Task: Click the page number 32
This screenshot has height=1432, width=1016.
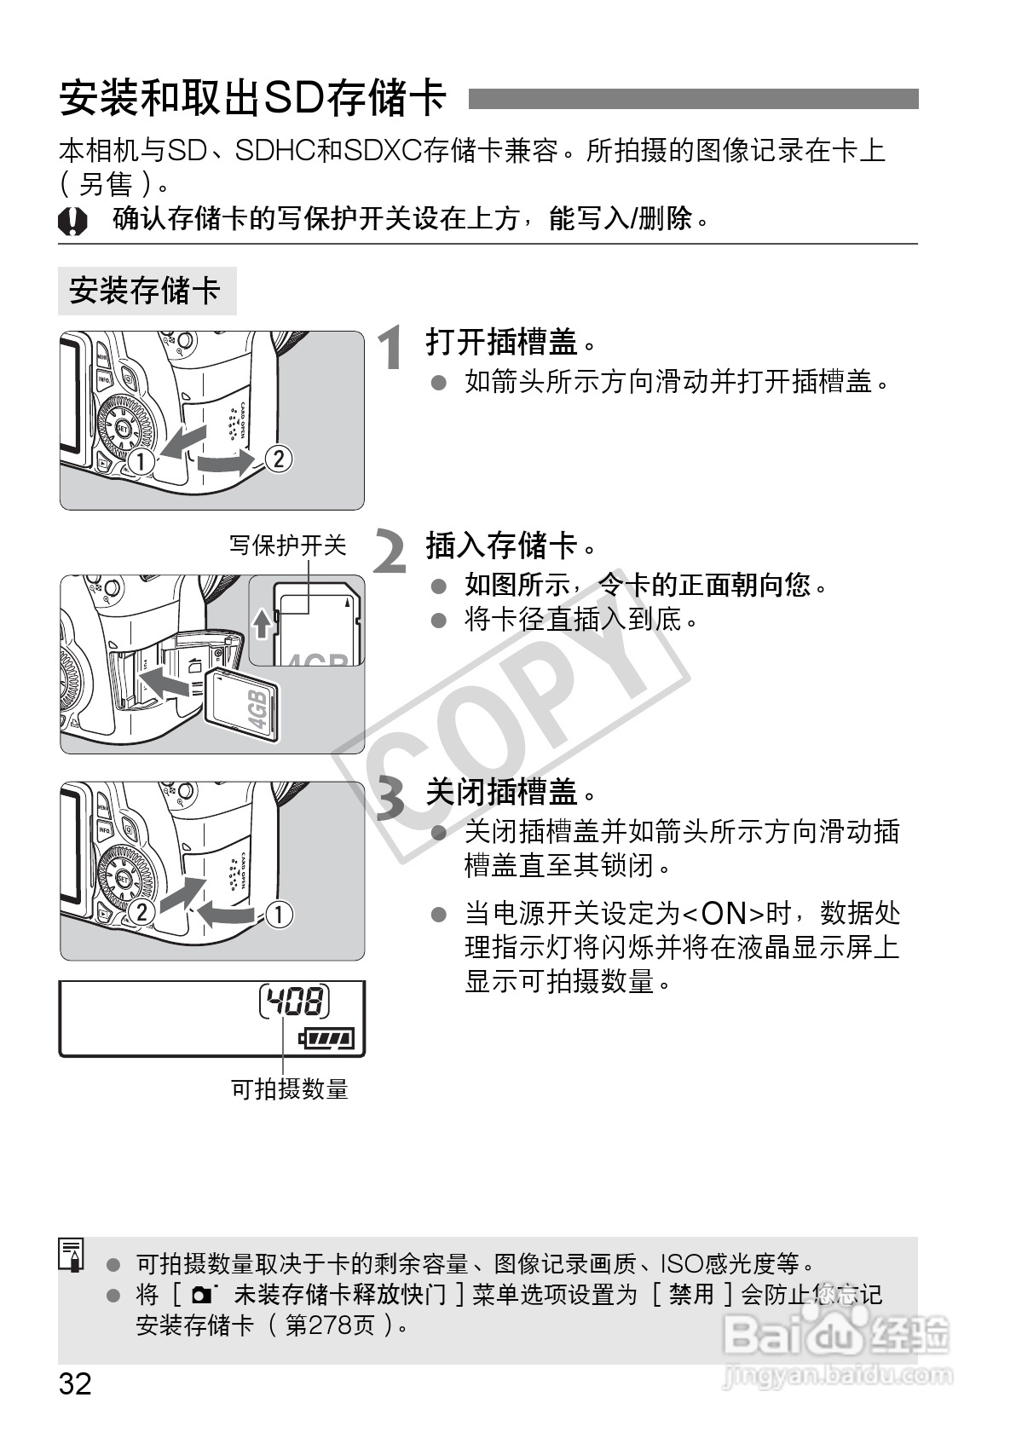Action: click(75, 1383)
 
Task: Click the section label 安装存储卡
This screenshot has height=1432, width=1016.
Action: click(145, 291)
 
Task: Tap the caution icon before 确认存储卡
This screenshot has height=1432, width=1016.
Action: click(72, 222)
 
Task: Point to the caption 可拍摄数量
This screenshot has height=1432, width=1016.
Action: click(290, 1088)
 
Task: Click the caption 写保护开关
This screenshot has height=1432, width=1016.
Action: click(288, 545)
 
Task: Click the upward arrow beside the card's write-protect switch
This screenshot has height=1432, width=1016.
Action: click(263, 624)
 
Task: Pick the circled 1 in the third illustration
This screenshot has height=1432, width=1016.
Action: click(278, 914)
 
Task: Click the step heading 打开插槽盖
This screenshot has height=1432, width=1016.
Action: click(502, 342)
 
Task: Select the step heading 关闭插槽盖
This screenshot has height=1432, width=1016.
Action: click(502, 792)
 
